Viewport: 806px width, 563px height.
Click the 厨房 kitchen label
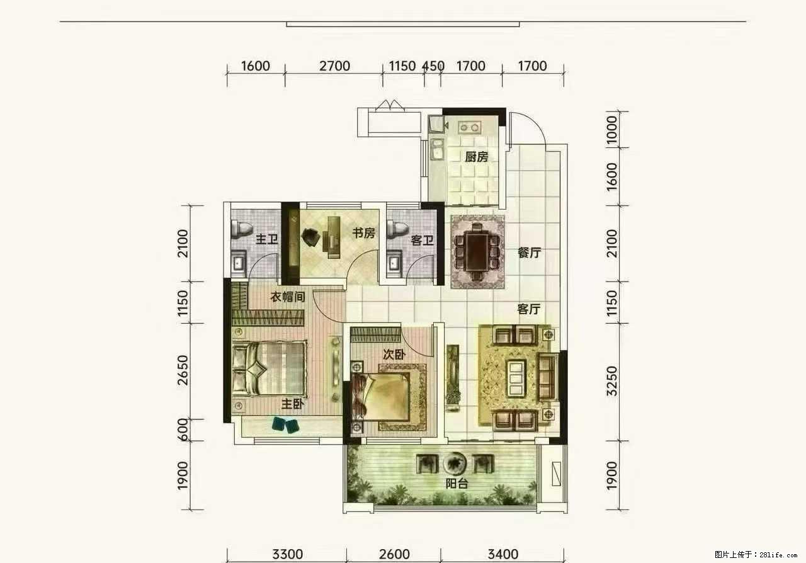click(x=477, y=157)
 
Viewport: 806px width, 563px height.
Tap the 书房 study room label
click(x=364, y=233)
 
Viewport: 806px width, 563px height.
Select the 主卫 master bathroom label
click(x=267, y=239)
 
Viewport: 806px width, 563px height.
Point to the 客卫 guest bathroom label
click(x=423, y=240)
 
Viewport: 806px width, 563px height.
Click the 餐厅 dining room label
click(x=530, y=253)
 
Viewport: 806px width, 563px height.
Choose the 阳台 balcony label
click(x=457, y=484)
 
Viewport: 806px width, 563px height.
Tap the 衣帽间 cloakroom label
click(x=288, y=297)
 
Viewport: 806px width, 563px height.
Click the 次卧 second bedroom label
click(x=394, y=355)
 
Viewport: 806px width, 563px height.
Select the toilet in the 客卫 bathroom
click(x=397, y=230)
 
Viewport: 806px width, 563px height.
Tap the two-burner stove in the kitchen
click(x=470, y=127)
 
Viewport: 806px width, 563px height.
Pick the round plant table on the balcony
click(x=455, y=463)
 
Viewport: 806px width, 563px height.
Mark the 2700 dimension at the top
click(x=334, y=66)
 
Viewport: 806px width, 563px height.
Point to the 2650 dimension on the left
click(x=183, y=370)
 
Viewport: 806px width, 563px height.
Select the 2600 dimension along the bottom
click(x=394, y=554)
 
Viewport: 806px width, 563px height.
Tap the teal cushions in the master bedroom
click(x=286, y=425)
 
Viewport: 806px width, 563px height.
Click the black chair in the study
click(x=311, y=237)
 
